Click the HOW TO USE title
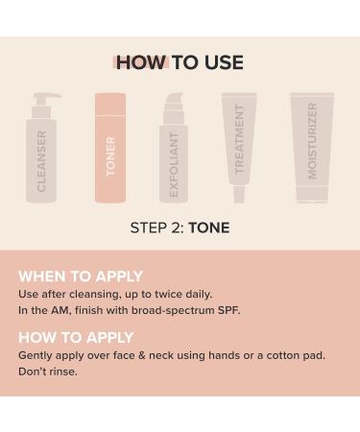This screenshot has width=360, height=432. tap(180, 62)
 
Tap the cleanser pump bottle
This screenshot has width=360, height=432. tap(42, 158)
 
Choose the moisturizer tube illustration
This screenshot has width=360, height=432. tap(312, 149)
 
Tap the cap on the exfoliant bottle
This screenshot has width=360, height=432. tap(173, 103)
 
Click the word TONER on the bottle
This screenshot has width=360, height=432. tap(110, 156)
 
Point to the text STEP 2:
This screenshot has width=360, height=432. tap(156, 228)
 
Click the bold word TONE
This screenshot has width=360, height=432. tap(209, 228)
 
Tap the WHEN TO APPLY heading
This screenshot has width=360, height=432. tap(81, 276)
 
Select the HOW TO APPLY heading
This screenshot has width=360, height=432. tap(76, 338)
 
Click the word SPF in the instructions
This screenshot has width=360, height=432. tap(228, 310)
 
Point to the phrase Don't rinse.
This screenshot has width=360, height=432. tap(48, 372)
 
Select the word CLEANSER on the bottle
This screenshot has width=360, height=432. tap(41, 161)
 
